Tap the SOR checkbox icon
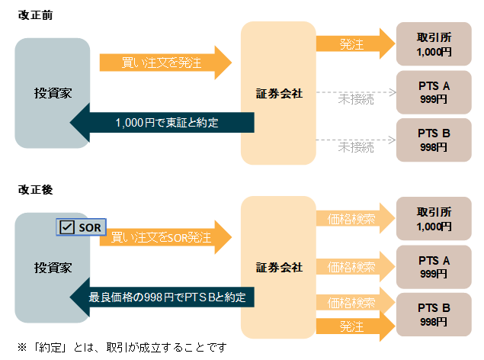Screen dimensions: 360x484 point(66,227)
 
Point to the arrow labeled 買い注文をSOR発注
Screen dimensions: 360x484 point(164,236)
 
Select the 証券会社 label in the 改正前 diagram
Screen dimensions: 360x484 point(279,93)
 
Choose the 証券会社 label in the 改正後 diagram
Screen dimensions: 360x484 point(279,267)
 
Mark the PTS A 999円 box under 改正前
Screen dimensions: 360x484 point(434,92)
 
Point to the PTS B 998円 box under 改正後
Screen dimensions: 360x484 point(434,314)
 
